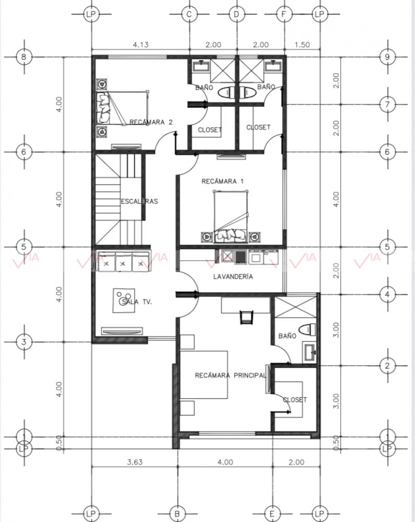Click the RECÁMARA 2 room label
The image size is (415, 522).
click(151, 122)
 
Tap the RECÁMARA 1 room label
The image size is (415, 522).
click(223, 181)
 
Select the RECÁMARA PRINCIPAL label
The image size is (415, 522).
click(230, 376)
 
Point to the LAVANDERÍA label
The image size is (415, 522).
click(233, 276)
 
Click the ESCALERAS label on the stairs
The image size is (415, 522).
click(139, 201)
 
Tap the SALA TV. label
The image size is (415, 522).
click(137, 302)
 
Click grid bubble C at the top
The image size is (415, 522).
click(190, 14)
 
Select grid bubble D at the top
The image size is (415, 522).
click(237, 14)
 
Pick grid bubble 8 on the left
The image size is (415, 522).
click(24, 56)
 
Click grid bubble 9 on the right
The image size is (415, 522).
click(387, 56)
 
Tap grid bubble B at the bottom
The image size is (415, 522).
click(177, 514)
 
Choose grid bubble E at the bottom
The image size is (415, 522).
click(272, 514)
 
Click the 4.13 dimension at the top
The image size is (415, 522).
click(141, 44)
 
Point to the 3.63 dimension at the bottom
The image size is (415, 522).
click(134, 462)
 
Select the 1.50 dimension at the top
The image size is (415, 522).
click(302, 44)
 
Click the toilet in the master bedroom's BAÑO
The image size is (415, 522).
click(307, 330)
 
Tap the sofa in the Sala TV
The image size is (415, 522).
click(123, 262)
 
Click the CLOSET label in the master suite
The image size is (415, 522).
click(295, 400)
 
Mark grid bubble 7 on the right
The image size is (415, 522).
click(387, 105)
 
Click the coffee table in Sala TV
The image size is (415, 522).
click(123, 300)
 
